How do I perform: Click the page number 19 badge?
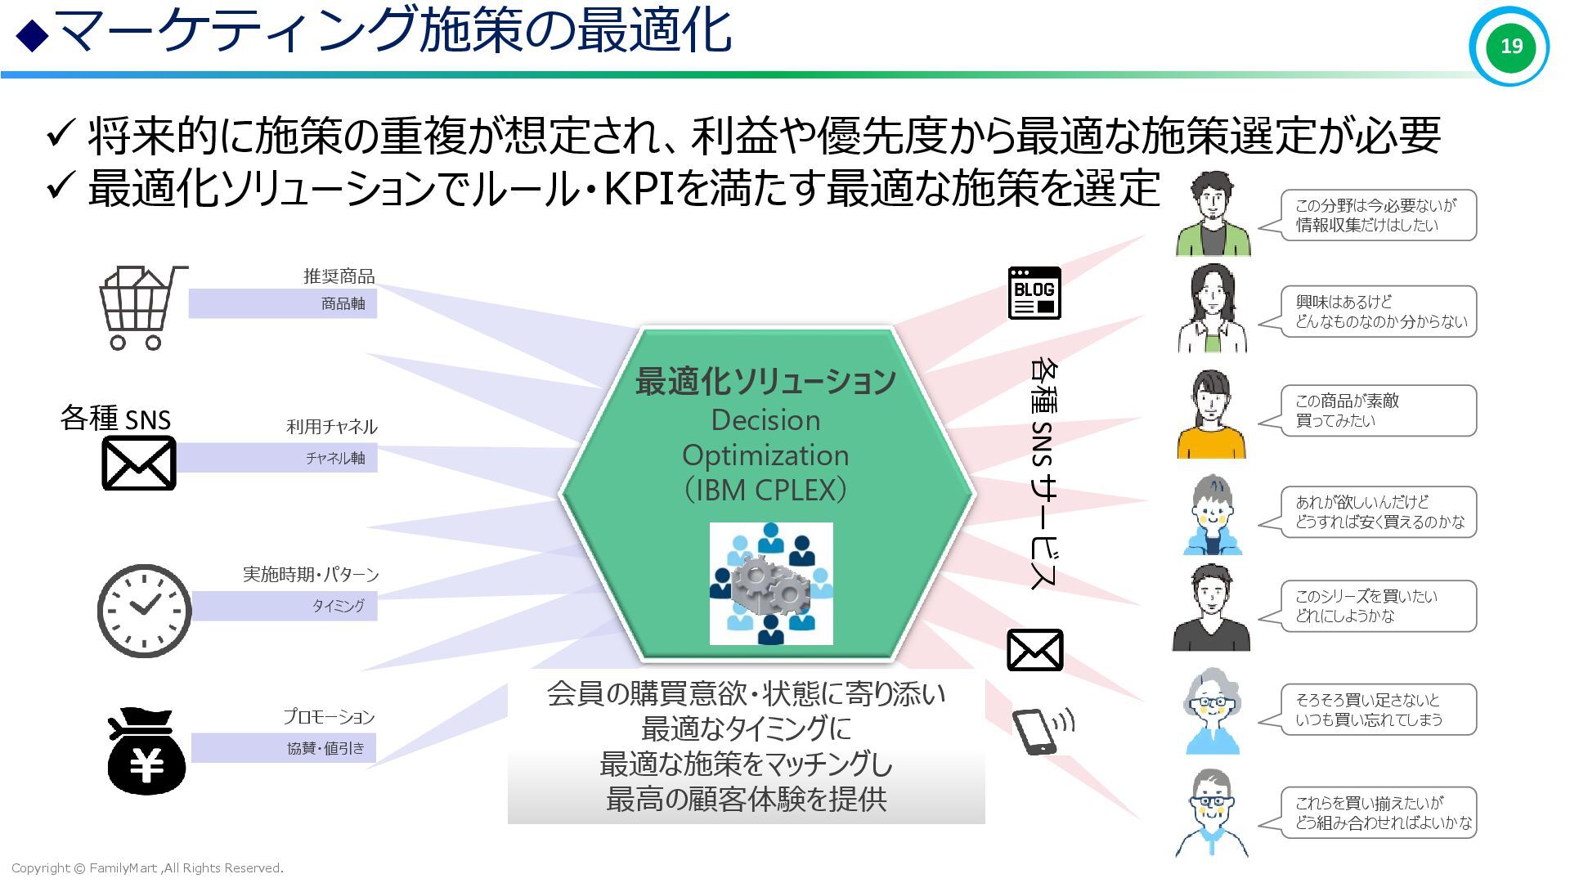[x=1509, y=46]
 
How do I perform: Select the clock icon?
[x=144, y=611]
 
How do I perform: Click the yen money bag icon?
[x=146, y=753]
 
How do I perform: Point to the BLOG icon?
[x=1034, y=293]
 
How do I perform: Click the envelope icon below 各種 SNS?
[x=139, y=463]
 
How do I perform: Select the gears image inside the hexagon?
[x=770, y=584]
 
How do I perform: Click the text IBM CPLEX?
[x=765, y=491]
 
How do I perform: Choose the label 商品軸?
[x=343, y=304]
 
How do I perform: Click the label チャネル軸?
[x=335, y=458]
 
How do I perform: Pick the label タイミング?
[x=338, y=606]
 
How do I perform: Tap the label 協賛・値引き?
[x=325, y=748]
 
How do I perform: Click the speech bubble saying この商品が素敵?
[x=1378, y=410]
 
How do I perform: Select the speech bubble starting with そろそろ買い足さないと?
[x=1378, y=710]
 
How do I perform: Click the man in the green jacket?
[x=1213, y=214]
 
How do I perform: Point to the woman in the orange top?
[x=1211, y=415]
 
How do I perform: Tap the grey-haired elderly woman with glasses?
[x=1212, y=711]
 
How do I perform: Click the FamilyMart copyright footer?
[x=147, y=868]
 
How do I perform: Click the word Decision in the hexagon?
[x=765, y=420]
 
